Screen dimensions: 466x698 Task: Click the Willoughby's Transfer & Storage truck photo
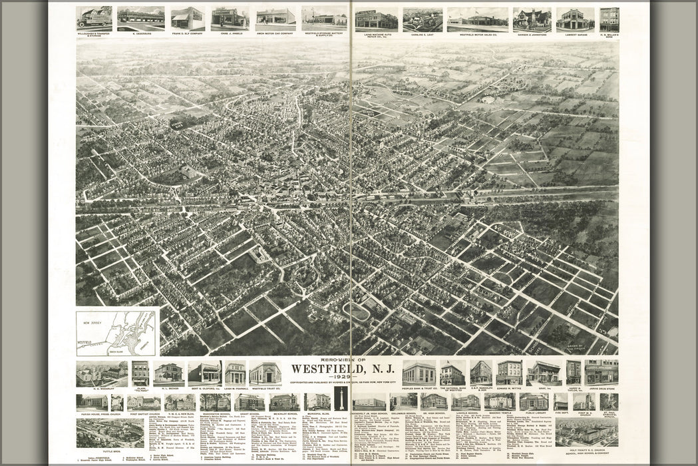coord(94,17)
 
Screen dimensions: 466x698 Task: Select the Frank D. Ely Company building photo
coord(188,19)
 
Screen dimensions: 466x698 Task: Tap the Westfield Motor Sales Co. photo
coord(477,19)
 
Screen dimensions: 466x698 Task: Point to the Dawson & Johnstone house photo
coord(532,19)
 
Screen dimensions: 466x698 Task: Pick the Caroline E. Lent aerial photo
coord(422,19)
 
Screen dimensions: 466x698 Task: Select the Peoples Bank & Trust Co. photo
coord(419,373)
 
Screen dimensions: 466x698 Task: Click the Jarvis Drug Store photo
coord(602,372)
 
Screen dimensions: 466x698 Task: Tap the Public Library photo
coord(534,401)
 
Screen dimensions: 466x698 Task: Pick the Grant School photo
coord(249,401)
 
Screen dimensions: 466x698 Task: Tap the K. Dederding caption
coord(140,33)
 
